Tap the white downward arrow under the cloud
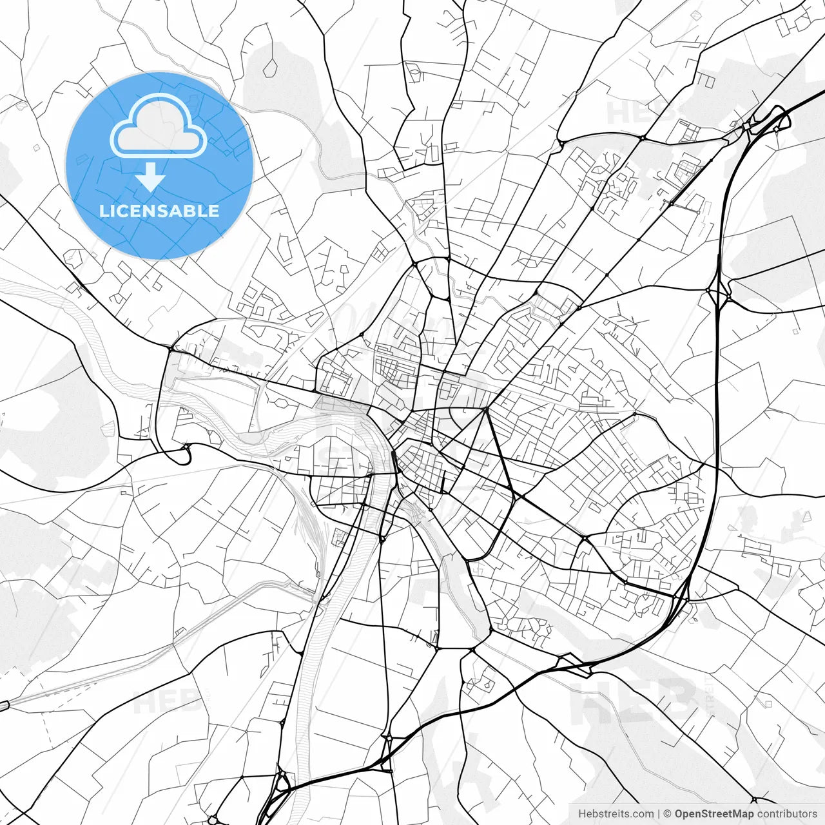[x=151, y=177]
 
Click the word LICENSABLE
[x=159, y=211]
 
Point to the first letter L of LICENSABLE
[x=103, y=211]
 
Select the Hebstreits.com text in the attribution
[x=616, y=814]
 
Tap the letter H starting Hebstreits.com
[x=582, y=814]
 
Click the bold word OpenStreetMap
[x=713, y=814]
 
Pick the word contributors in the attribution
[x=786, y=814]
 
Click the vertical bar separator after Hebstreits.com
[x=659, y=814]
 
